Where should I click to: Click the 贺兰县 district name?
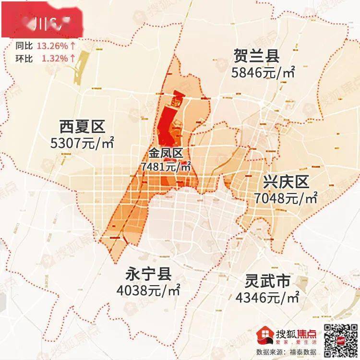(x=256, y=56)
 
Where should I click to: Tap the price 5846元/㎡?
(x=263, y=72)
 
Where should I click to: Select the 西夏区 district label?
(x=82, y=127)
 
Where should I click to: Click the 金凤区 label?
(x=166, y=154)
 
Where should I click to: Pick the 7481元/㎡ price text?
(x=166, y=167)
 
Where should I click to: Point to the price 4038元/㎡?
(x=148, y=290)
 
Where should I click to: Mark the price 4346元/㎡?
(x=267, y=297)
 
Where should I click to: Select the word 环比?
(x=23, y=58)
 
